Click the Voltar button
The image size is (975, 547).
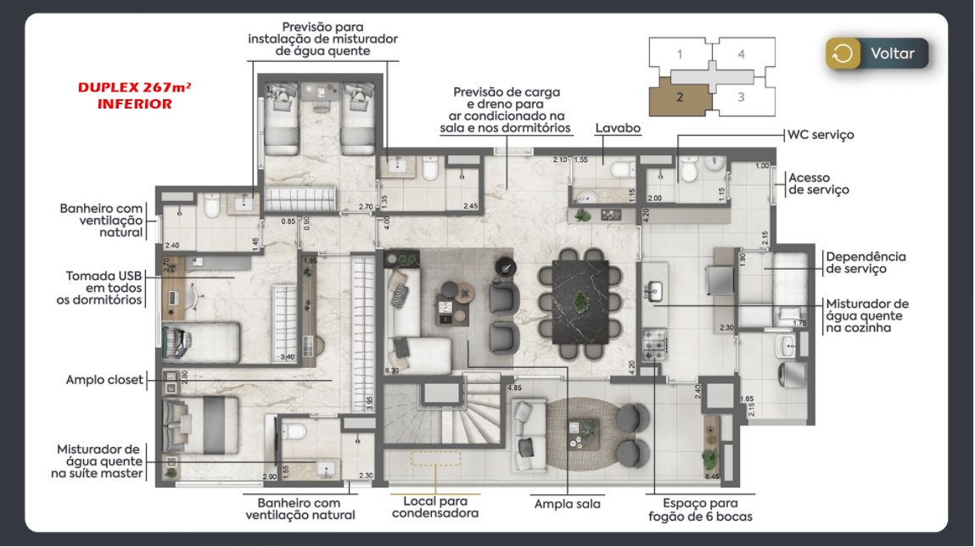point(877,53)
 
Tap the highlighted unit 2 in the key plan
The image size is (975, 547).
point(681,97)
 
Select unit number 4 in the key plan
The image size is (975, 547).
point(741,53)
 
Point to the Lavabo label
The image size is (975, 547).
point(617,128)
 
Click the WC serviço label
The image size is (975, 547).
point(820,134)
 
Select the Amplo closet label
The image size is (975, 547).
point(105,380)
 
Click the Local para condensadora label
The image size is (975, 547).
point(435,507)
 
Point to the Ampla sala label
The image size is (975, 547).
point(567,504)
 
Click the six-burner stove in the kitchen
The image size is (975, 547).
point(653,343)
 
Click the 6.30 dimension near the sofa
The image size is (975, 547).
point(391,371)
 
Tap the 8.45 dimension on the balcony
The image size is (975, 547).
point(712,477)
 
